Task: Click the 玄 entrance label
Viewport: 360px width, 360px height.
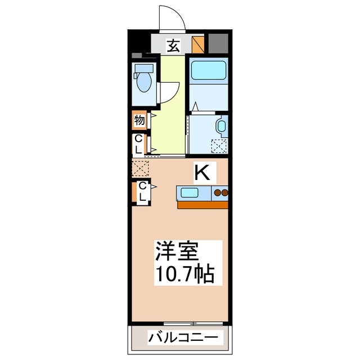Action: [x=174, y=46]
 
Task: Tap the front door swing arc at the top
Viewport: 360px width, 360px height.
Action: [x=173, y=17]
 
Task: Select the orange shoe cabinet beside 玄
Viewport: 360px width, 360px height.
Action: [x=197, y=44]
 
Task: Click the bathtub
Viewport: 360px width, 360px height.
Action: [x=206, y=71]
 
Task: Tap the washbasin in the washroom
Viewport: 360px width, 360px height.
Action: [x=221, y=126]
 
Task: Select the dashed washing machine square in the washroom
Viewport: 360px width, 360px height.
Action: [x=219, y=146]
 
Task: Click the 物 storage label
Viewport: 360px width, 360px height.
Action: [x=139, y=120]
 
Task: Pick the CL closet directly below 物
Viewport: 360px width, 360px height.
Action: [x=138, y=144]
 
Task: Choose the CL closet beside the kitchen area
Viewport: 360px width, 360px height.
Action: [x=142, y=192]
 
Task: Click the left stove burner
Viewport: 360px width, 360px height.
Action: [x=217, y=194]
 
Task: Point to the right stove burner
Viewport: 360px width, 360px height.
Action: [x=225, y=194]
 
